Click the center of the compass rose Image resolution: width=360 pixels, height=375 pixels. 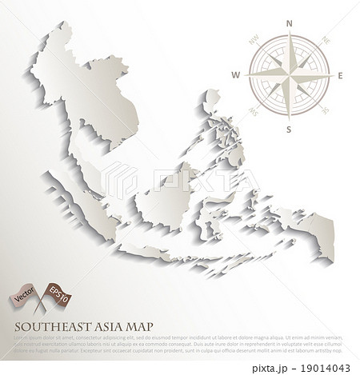click(290, 75)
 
